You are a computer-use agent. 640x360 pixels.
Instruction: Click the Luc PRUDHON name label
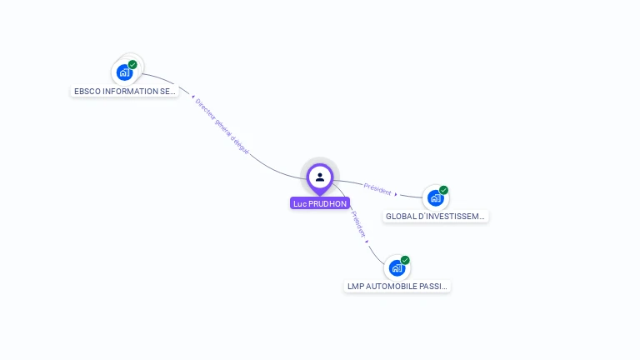[320, 203]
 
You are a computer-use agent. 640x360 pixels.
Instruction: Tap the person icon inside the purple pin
[320, 177]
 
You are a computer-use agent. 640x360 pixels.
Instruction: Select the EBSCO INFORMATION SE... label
[125, 91]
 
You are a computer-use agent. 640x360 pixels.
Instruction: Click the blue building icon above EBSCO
[124, 72]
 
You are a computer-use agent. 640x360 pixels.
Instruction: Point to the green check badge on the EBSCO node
[132, 64]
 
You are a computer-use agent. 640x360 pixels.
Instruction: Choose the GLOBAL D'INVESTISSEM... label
[435, 216]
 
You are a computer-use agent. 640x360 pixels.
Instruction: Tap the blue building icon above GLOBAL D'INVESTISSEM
[434, 198]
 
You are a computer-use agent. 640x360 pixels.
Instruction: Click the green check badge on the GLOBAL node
[443, 190]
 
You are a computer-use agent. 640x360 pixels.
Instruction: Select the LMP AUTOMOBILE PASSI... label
[397, 286]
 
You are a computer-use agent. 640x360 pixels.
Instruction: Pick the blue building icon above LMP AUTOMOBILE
[397, 268]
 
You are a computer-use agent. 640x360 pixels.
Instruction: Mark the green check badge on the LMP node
[405, 260]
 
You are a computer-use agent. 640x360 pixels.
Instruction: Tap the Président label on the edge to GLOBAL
[377, 190]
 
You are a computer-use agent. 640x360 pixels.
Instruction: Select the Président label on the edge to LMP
[358, 223]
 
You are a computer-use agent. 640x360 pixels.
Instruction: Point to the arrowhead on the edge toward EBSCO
[192, 97]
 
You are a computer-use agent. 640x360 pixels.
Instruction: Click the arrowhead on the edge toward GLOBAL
[396, 193]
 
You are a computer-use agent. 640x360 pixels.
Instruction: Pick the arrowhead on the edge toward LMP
[367, 241]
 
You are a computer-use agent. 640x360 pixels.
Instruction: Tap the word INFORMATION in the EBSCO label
[126, 91]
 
